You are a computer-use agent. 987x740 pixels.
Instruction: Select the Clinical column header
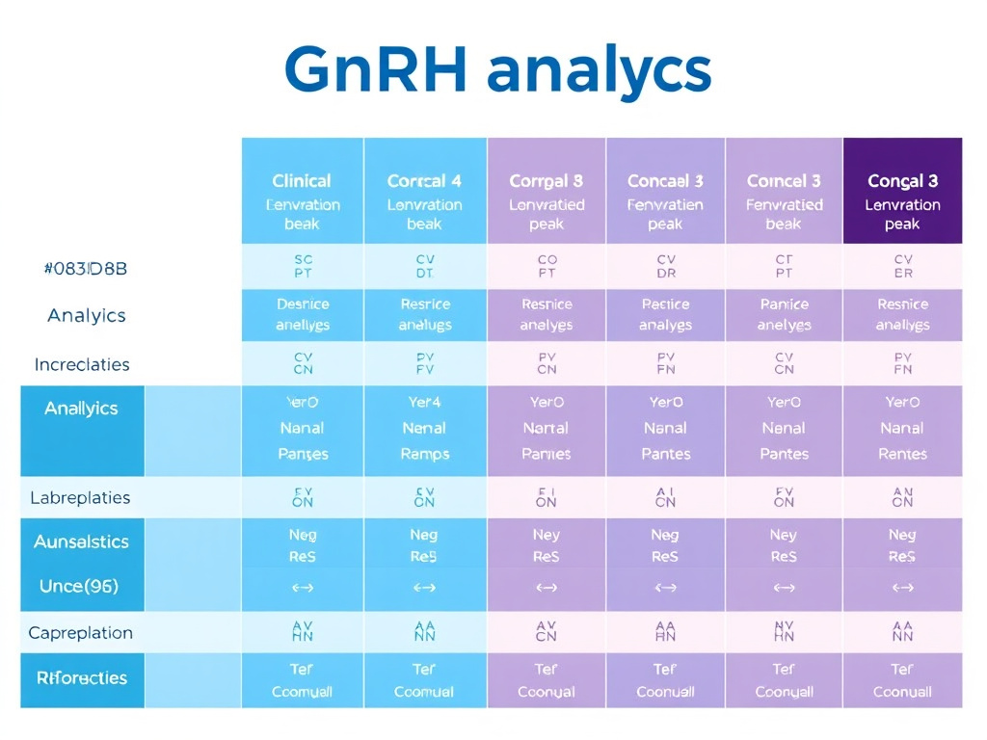click(x=302, y=181)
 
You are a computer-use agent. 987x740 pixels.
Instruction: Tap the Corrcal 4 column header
click(x=424, y=181)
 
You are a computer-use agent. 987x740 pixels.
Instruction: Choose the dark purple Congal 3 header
click(x=902, y=181)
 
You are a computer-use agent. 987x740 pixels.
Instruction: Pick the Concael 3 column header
click(x=665, y=181)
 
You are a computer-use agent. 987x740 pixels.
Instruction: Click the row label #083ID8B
click(x=86, y=269)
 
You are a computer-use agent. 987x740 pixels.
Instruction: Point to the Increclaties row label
click(x=82, y=365)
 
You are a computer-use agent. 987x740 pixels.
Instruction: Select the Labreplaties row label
click(x=80, y=498)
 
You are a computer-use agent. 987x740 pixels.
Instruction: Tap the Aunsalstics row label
click(x=81, y=542)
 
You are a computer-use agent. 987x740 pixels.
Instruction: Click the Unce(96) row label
click(x=79, y=586)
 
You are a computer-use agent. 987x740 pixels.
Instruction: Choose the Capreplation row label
click(x=81, y=633)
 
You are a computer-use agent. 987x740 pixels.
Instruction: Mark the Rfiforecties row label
click(x=82, y=678)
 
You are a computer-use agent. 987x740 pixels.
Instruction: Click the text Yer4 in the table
click(x=424, y=403)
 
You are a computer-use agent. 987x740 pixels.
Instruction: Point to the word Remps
click(x=424, y=454)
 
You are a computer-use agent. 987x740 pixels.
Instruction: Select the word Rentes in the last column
click(x=902, y=454)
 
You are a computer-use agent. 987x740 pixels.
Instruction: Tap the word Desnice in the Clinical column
click(x=303, y=304)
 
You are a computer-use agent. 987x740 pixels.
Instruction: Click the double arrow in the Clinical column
click(x=303, y=587)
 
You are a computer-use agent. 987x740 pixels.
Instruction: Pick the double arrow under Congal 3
click(x=902, y=587)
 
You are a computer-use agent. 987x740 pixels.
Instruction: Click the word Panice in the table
click(x=784, y=304)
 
